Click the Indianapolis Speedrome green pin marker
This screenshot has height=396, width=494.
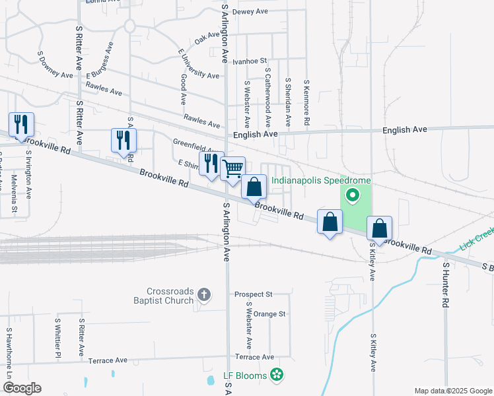[352, 195]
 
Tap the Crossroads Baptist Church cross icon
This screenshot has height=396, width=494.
[204, 295]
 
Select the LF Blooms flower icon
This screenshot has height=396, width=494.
[277, 376]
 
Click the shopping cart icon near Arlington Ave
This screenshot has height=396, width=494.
[232, 169]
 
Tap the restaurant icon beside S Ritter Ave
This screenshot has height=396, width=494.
[123, 141]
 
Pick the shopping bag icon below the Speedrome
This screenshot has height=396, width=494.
[379, 229]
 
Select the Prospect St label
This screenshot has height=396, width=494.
[254, 294]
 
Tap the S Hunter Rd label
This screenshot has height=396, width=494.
[446, 286]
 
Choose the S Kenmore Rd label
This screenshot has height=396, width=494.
[306, 104]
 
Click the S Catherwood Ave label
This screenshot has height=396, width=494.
[268, 96]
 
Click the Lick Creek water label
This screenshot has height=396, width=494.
[476, 239]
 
